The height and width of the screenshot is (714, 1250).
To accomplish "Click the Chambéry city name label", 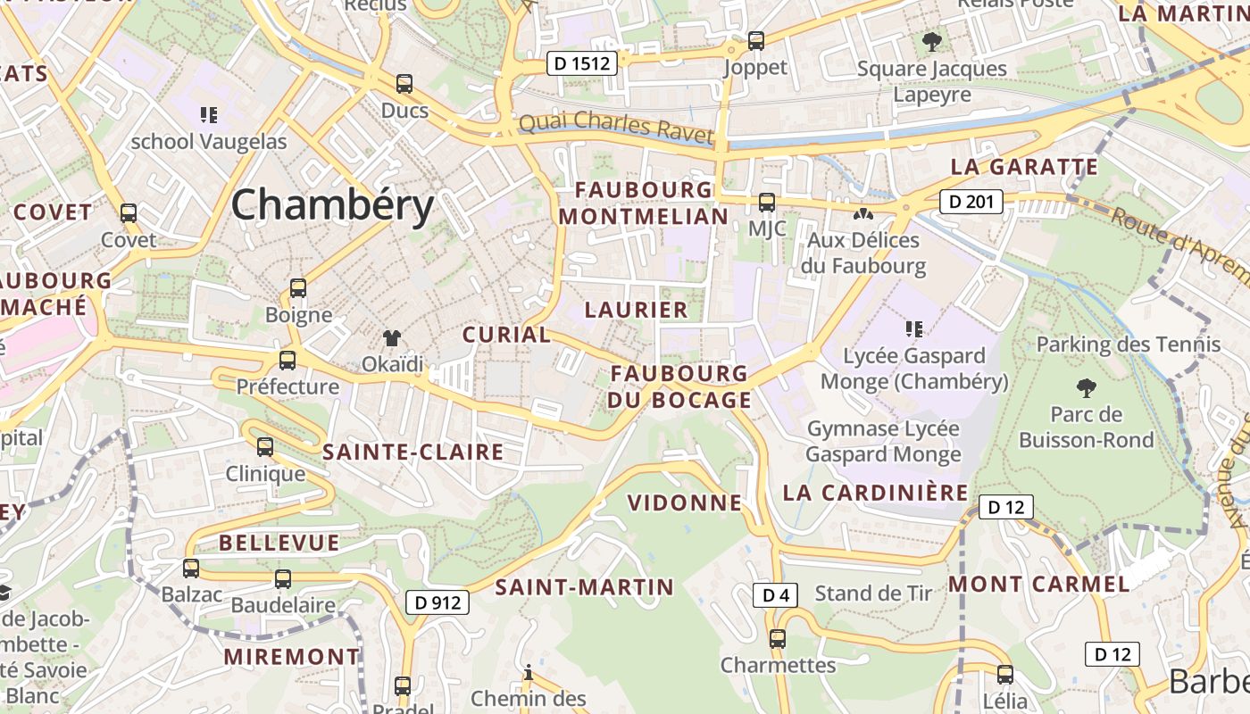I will point(332,205).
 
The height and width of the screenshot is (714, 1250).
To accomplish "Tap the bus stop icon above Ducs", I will point(404,84).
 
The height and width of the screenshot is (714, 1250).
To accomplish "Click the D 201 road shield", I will point(971,202).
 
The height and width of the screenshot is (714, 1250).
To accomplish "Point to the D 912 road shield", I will point(438,602).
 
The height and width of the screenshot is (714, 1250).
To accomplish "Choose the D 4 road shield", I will point(774,595).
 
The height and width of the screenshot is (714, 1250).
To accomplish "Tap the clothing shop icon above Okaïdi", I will point(392,337).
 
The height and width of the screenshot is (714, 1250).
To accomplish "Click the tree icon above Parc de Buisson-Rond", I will point(1086,387).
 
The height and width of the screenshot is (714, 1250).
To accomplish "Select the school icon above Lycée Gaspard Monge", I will point(913,329).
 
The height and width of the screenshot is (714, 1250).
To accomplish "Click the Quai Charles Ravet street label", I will point(616,128).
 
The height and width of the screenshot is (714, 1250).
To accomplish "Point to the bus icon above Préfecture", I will point(287,360).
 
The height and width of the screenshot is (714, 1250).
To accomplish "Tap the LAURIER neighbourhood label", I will point(636,310).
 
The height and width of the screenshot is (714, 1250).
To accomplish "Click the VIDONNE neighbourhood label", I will point(685,502).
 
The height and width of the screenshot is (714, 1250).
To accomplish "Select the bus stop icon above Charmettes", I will point(778,638).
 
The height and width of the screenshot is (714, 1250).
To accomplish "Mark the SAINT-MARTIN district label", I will point(584,586).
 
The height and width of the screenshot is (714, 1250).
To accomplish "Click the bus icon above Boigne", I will point(298,288).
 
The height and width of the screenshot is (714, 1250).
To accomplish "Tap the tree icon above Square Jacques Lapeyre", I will point(931,41).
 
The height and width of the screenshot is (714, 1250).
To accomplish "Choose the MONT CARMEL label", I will point(1038,585).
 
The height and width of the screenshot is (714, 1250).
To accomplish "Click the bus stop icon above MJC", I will point(767,202).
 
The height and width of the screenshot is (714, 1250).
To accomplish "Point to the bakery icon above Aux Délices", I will point(862,214).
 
